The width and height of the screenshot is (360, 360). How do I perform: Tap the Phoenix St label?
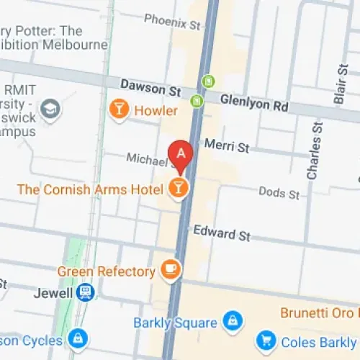click(x=172, y=23)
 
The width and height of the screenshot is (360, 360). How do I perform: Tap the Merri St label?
click(x=226, y=147)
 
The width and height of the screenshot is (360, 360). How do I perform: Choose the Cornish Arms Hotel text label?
click(x=91, y=189)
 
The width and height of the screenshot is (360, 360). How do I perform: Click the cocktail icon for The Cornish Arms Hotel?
click(x=178, y=189)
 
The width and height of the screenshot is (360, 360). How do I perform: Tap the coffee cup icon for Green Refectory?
click(x=171, y=270)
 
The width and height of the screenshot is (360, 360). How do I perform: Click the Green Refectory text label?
click(x=106, y=271)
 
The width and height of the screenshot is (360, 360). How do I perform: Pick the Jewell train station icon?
click(x=86, y=292)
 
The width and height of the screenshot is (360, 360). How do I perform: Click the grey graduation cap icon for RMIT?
click(x=51, y=109)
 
